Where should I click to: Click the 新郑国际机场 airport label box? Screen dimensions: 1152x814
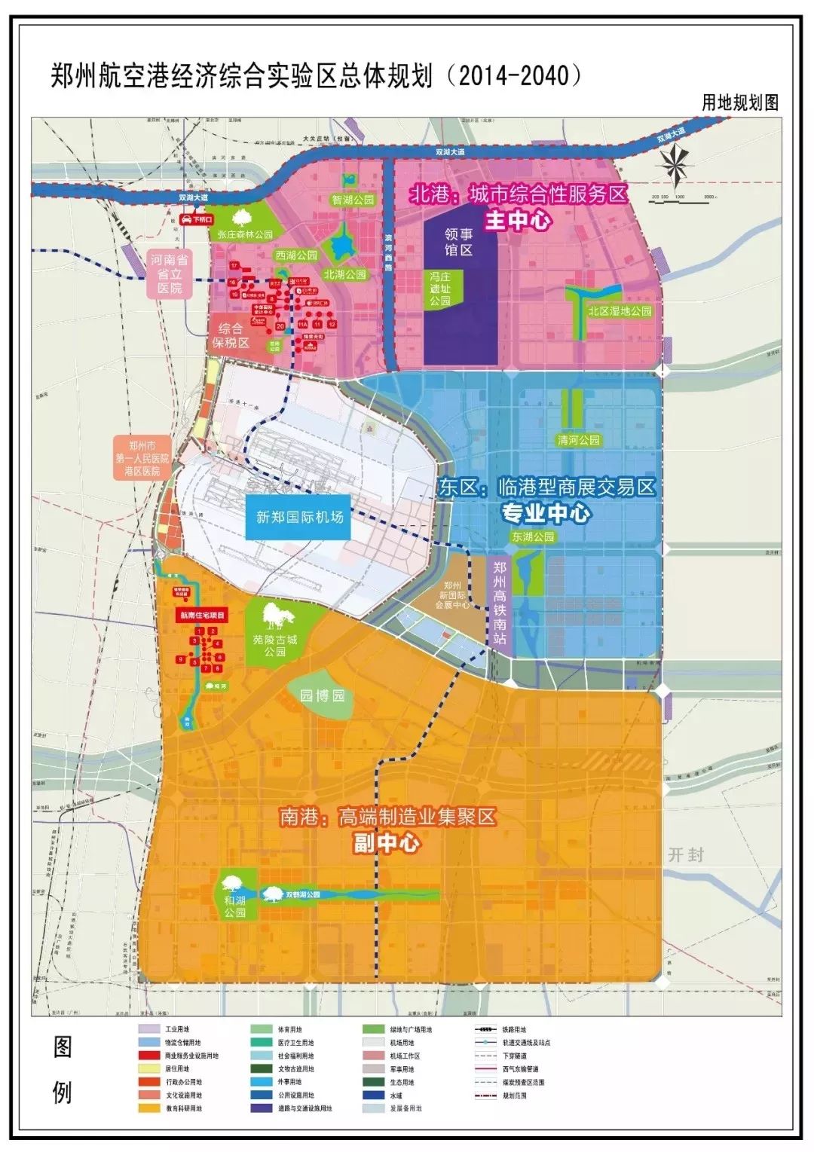point(299,517)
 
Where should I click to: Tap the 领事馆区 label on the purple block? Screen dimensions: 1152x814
point(457,243)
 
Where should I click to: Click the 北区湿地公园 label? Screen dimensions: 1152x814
point(620,310)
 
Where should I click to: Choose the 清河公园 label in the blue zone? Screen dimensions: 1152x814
point(578,440)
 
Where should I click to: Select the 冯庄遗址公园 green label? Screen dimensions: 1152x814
point(440,289)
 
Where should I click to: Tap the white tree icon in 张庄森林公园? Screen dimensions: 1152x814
point(243,218)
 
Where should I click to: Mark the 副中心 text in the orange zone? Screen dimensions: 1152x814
point(387,843)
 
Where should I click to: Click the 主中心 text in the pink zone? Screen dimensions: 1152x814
point(518,221)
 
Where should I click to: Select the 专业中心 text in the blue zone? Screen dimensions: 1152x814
point(546,513)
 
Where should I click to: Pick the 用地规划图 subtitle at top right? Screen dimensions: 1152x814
point(739,103)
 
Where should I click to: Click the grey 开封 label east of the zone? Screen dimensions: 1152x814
point(685,854)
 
